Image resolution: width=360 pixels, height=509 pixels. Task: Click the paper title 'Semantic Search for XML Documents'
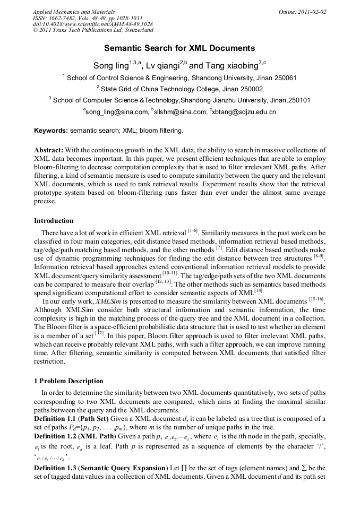click(179, 48)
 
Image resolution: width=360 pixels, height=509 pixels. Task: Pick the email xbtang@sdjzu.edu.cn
click(244, 112)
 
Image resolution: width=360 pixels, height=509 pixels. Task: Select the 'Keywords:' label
click(51, 131)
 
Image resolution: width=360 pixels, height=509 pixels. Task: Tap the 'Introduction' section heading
click(54, 220)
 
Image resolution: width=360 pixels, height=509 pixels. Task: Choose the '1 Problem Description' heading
click(68, 381)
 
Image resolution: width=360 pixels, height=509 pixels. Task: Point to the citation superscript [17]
click(99, 333)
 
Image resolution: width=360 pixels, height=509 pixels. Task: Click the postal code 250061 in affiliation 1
click(283, 78)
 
